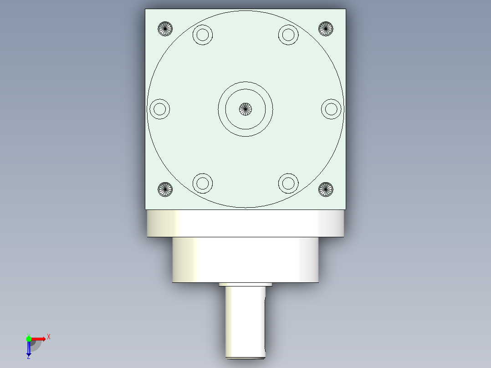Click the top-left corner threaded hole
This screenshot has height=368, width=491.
tap(165, 29)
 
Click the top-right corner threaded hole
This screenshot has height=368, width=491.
tap(325, 29)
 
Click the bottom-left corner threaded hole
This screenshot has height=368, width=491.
tap(165, 189)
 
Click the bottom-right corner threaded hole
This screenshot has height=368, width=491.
tap(325, 189)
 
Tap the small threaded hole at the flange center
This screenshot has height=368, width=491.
tap(245, 108)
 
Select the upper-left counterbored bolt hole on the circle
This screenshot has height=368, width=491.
tap(203, 35)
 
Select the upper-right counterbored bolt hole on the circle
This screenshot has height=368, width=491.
tap(288, 35)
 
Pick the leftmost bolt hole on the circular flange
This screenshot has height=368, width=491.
tap(159, 109)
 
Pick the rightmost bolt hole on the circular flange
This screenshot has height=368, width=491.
tap(331, 109)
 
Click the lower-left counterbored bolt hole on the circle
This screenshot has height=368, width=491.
tap(203, 183)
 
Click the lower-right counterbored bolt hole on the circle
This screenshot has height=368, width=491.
tap(288, 183)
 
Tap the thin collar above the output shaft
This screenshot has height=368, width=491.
tap(245, 285)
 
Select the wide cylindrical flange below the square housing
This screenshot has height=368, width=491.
tap(245, 223)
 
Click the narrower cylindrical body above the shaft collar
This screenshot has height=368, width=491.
tap(245, 260)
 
